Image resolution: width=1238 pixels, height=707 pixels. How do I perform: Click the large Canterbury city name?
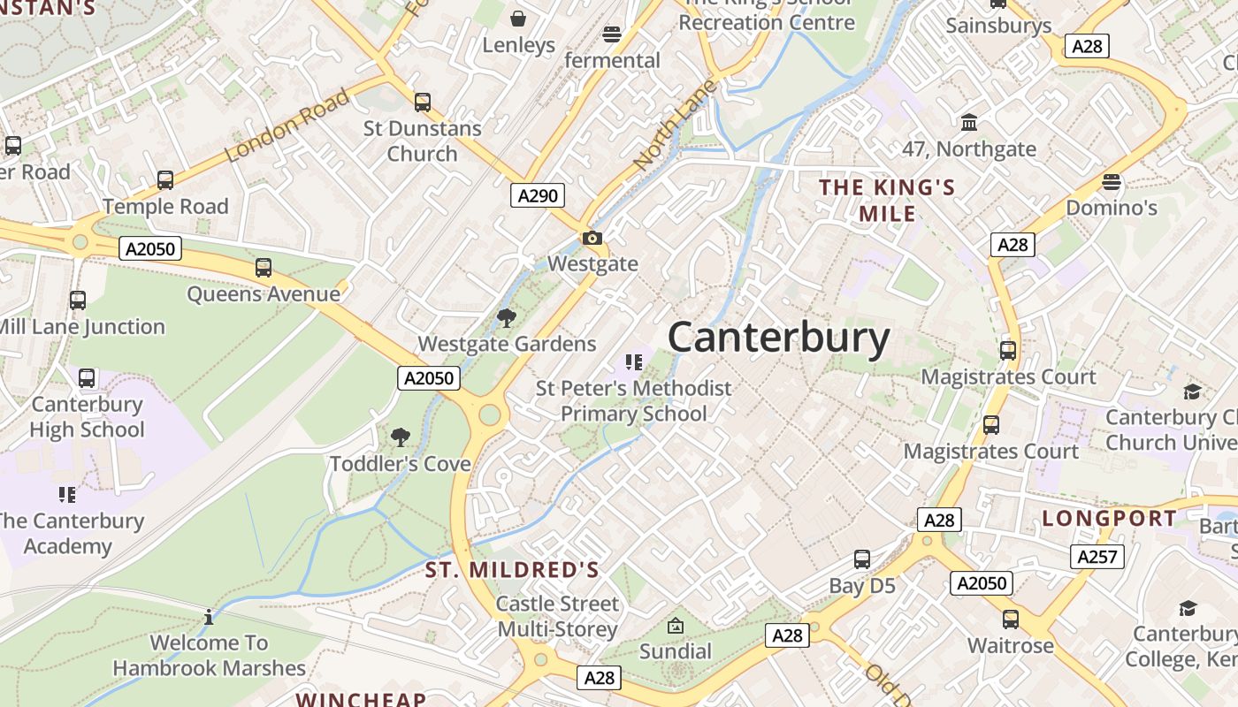[778, 338]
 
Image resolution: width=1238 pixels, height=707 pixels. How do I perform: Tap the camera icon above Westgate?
[592, 238]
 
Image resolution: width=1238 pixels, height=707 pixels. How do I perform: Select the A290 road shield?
[538, 195]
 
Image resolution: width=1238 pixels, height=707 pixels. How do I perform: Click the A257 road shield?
[1097, 556]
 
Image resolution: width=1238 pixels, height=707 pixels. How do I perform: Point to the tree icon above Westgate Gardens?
[506, 318]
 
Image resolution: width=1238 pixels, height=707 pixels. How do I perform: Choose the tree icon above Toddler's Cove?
[400, 437]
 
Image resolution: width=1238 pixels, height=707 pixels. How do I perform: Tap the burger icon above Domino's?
[1112, 182]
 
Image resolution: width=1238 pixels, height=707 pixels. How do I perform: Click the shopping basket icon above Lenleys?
[518, 19]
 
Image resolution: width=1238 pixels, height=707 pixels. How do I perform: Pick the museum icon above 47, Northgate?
[968, 122]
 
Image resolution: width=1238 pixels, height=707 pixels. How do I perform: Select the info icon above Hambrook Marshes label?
[209, 617]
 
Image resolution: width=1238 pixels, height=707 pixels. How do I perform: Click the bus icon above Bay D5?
[862, 559]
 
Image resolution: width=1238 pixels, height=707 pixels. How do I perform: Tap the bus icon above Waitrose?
[1011, 619]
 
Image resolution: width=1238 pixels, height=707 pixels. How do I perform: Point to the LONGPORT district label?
[1109, 518]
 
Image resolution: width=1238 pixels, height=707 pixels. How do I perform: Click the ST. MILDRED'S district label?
[512, 570]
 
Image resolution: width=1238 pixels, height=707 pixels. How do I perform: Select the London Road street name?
[287, 125]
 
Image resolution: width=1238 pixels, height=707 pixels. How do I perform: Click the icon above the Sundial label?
[675, 626]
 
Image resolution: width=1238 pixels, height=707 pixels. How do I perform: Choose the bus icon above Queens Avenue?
[263, 268]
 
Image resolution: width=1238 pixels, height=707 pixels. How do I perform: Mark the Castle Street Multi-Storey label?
[557, 617]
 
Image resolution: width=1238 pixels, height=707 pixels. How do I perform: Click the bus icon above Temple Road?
[165, 180]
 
